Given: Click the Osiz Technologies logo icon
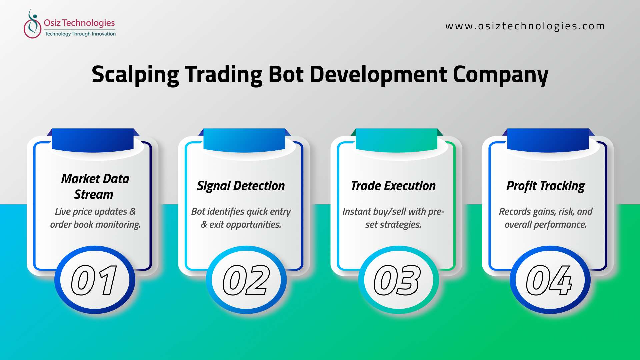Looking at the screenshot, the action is (x=32, y=24).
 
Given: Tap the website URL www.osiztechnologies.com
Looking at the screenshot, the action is (x=525, y=26).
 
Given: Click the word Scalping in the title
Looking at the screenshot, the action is (x=135, y=75).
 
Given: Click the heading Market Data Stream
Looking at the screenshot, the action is (x=95, y=186).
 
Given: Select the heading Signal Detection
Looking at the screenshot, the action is (x=241, y=186).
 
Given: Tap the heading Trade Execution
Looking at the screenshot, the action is (x=393, y=186).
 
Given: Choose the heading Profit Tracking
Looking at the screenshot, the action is (x=546, y=186).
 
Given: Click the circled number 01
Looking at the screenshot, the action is (x=95, y=280).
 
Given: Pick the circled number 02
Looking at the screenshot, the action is (x=246, y=280).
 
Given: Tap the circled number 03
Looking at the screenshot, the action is (x=398, y=280).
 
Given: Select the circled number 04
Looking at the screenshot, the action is (x=550, y=280).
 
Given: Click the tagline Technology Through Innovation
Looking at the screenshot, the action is (x=80, y=34).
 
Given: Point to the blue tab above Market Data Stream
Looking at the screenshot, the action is (x=93, y=140).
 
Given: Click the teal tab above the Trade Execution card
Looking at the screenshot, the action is (x=397, y=140).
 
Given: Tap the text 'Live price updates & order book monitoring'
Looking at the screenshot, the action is (x=95, y=218).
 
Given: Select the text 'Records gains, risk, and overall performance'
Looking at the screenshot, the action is (x=546, y=218).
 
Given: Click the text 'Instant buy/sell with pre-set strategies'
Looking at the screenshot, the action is (x=393, y=218).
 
